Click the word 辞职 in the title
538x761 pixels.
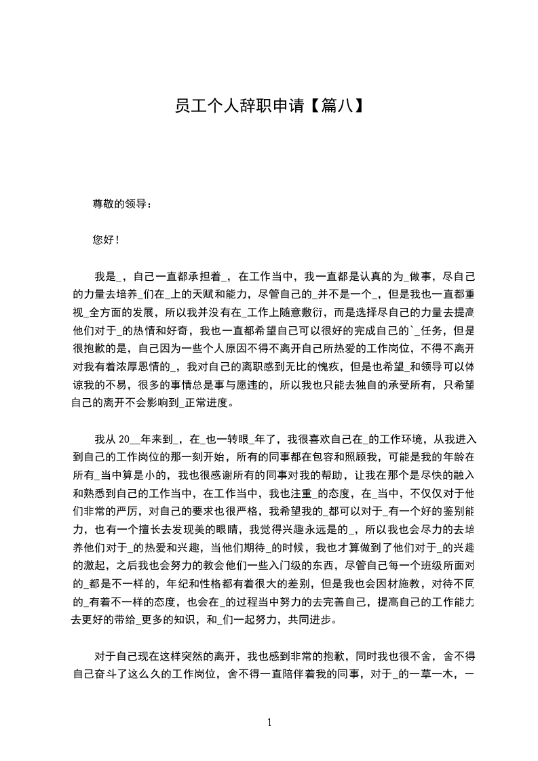256,106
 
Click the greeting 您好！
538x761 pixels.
107,239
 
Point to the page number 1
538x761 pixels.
269,722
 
